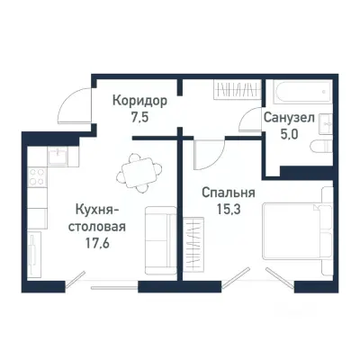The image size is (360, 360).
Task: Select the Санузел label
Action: (288, 118)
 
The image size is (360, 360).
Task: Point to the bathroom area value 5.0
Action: (288, 136)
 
